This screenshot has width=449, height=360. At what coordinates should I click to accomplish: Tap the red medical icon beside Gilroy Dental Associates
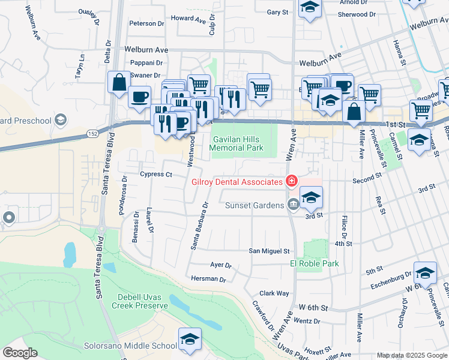pos(292,181)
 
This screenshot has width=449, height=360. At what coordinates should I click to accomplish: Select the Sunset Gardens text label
pos(254,205)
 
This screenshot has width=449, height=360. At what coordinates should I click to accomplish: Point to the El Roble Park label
pos(315,263)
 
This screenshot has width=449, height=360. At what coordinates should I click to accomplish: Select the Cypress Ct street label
pos(155,175)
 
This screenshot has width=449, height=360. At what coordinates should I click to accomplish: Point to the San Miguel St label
pos(270,251)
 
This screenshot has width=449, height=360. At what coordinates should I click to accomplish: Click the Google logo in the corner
pos(20,353)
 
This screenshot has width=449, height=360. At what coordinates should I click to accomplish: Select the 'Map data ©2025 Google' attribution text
pos(411,355)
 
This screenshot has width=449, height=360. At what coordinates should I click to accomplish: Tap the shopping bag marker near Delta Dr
pos(119,82)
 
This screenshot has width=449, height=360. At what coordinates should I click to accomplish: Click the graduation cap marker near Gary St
pos(310,8)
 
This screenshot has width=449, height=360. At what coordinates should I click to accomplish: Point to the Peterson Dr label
pos(146,23)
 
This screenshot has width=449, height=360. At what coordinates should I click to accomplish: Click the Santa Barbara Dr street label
pos(199,224)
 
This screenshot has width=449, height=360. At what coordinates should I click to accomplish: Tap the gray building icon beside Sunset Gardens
pos(292,205)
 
